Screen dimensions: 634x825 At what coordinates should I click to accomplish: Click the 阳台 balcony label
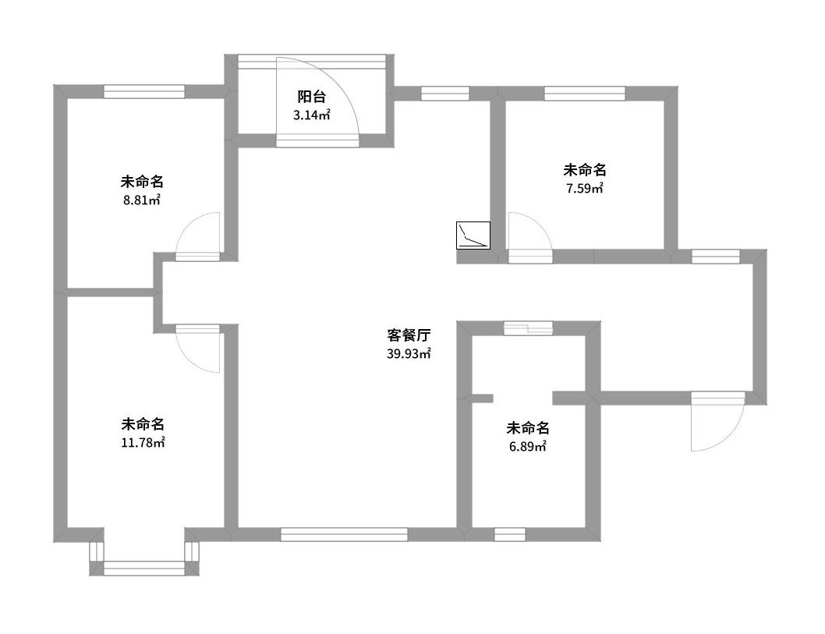pos(311,97)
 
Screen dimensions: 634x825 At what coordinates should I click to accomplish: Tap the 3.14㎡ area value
pos(311,115)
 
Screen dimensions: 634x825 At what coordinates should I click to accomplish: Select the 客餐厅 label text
pos(409,336)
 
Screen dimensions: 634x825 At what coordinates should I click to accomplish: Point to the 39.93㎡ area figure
pos(409,354)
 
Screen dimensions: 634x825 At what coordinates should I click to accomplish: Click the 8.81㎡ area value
pos(141,200)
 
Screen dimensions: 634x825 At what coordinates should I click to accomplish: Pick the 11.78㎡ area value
pos(142,443)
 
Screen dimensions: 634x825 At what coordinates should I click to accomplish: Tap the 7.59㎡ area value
pos(584,188)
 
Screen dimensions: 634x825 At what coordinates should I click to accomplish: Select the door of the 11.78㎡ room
pos(198,349)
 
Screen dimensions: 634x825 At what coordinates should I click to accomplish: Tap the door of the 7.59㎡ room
pos(529,235)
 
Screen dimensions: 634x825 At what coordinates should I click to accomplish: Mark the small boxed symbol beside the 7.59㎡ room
pos(473,236)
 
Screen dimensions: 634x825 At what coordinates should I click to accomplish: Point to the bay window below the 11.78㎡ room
pos(143,568)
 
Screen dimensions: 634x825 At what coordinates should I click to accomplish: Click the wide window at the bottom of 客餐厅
pos(344,534)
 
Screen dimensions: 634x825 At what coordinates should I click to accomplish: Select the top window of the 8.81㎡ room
pos(143,91)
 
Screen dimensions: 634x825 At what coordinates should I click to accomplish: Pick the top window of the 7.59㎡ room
pos(584,94)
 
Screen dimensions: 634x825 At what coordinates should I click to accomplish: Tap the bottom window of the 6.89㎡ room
pos(509,534)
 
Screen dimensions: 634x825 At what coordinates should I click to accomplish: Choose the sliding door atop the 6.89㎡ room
pos(528,328)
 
